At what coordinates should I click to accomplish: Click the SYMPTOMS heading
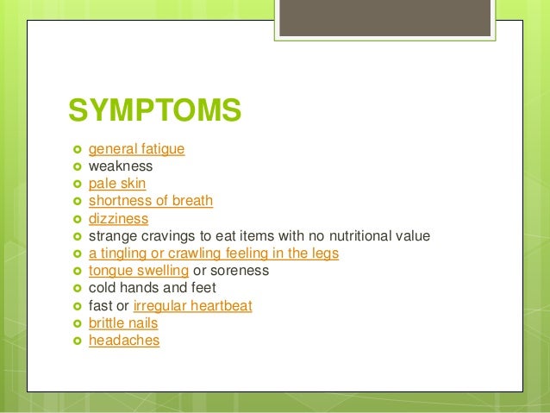[x=154, y=111]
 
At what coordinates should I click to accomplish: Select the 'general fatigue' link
[x=136, y=149]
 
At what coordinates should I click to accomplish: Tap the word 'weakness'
[x=121, y=166]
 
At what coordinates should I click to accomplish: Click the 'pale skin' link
[x=117, y=184]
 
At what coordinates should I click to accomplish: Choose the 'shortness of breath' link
[x=151, y=201]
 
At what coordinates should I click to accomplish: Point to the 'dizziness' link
[x=118, y=219]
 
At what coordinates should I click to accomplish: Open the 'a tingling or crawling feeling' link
[x=213, y=253]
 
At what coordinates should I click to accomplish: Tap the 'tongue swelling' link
[x=138, y=271]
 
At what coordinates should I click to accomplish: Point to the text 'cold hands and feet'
[x=152, y=288]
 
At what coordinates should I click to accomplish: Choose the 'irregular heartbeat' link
[x=193, y=306]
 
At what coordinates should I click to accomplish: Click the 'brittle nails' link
[x=123, y=323]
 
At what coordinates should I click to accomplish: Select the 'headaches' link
[x=124, y=341]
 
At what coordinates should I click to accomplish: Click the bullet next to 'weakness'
[x=77, y=166]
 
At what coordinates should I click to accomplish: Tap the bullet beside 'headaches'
[x=77, y=341]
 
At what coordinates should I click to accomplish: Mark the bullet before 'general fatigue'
[x=77, y=149]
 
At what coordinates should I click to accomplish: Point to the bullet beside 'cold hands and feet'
[x=77, y=288]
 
